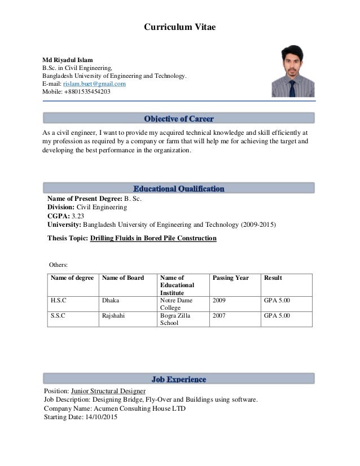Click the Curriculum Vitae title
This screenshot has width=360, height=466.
point(179,27)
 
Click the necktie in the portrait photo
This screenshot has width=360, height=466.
point(292,87)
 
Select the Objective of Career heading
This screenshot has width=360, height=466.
point(179,118)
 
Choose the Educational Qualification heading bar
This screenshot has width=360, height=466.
point(179,188)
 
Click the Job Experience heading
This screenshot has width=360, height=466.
point(179,379)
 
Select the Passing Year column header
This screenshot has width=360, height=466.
point(230,278)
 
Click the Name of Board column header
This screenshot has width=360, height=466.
point(122,278)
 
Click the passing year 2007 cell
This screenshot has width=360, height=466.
point(219,316)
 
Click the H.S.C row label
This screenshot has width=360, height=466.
point(58,301)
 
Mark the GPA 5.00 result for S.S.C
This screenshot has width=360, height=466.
point(276,316)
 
